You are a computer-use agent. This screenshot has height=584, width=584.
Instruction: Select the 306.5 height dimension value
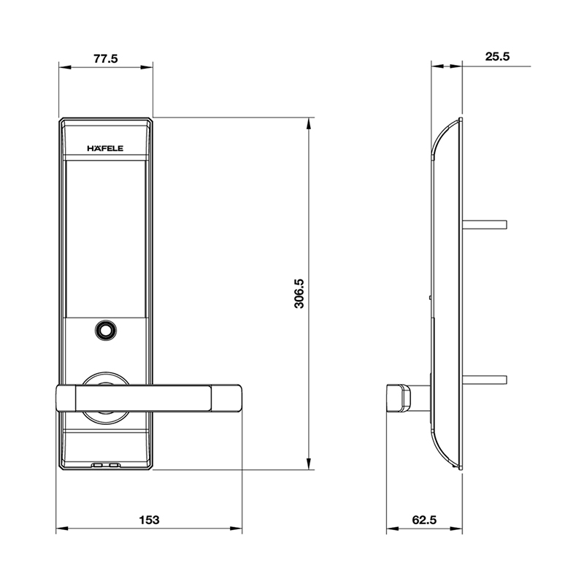(299, 293)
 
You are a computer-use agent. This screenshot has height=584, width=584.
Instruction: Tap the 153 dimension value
(149, 520)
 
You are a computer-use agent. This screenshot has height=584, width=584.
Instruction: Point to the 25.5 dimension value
(496, 56)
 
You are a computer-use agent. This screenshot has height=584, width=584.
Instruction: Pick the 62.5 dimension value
(423, 520)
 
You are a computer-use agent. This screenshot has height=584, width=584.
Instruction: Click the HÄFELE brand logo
(106, 148)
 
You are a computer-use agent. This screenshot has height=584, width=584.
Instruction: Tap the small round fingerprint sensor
(106, 331)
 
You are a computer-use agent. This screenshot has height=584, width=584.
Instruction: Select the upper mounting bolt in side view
(485, 223)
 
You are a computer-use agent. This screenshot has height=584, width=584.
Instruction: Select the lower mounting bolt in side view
(485, 380)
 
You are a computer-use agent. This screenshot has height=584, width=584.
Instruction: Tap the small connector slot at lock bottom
(106, 464)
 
